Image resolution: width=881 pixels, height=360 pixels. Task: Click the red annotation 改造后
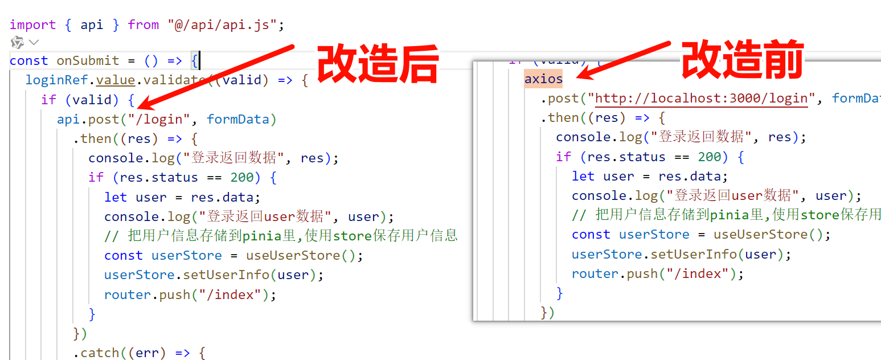pyautogui.click(x=378, y=64)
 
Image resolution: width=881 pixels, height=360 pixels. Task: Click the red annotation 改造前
pyautogui.click(x=742, y=59)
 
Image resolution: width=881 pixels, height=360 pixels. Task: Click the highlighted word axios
pyautogui.click(x=543, y=79)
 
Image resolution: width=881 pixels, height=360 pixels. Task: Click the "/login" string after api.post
pyautogui.click(x=159, y=119)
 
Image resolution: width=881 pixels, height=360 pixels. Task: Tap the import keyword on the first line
pyautogui.click(x=32, y=24)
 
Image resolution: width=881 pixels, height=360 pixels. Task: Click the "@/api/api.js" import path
pyautogui.click(x=222, y=24)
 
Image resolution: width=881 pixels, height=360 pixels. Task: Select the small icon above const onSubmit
pyautogui.click(x=17, y=42)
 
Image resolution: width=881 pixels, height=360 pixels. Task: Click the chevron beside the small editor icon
pyautogui.click(x=34, y=42)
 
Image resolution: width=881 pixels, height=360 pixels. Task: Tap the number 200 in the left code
pyautogui.click(x=242, y=177)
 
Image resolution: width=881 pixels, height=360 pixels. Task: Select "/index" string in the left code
pyautogui.click(x=237, y=294)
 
